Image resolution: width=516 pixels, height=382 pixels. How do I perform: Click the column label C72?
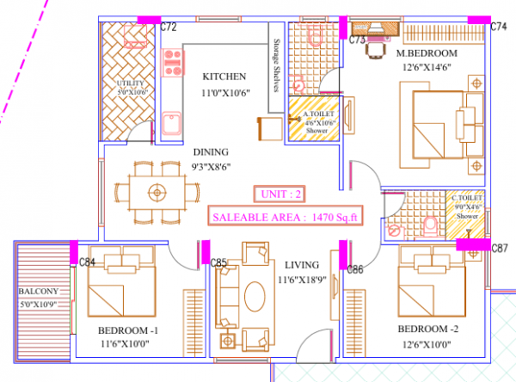pyautogui.click(x=169, y=28)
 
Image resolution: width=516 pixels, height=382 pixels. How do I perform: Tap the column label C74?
pyautogui.click(x=499, y=28)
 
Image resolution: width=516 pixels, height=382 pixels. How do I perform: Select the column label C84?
pyautogui.click(x=87, y=262)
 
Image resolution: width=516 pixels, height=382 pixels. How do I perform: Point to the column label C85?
pyautogui.click(x=218, y=262)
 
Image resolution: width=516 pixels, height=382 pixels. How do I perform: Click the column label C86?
pyautogui.click(x=356, y=269)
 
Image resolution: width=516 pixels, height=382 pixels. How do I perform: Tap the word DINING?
pyautogui.click(x=210, y=151)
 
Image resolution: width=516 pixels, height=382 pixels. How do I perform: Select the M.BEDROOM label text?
pyautogui.click(x=426, y=53)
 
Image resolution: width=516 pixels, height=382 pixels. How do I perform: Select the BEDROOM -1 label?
pyautogui.click(x=129, y=330)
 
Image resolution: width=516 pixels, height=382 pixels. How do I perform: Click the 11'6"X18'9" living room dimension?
pyautogui.click(x=296, y=280)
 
